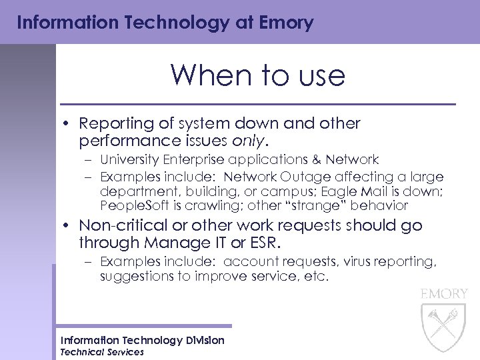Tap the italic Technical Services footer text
(x=102, y=352)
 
